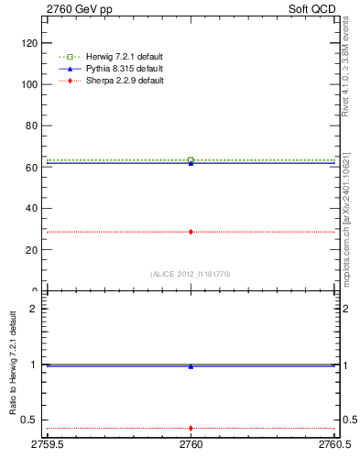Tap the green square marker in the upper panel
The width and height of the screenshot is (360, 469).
pyautogui.click(x=191, y=160)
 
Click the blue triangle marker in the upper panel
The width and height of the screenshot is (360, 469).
pyautogui.click(x=191, y=163)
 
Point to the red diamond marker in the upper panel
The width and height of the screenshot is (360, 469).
pyautogui.click(x=191, y=232)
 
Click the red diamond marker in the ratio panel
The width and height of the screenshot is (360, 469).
pyautogui.click(x=191, y=428)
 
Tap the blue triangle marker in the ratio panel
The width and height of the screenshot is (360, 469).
pyautogui.click(x=191, y=366)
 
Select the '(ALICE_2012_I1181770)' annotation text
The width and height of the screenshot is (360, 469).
pyautogui.click(x=191, y=274)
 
